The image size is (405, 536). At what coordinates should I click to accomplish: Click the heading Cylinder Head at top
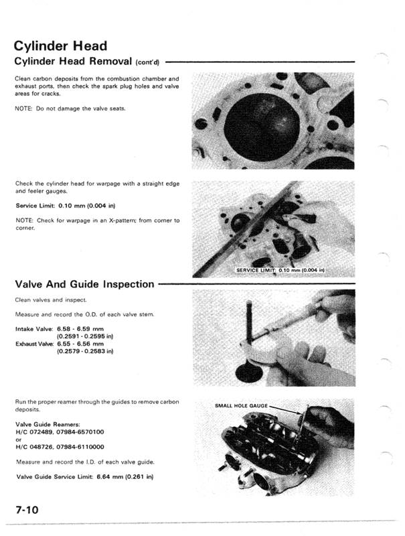(61, 46)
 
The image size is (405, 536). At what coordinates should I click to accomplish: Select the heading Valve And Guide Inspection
(84, 284)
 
